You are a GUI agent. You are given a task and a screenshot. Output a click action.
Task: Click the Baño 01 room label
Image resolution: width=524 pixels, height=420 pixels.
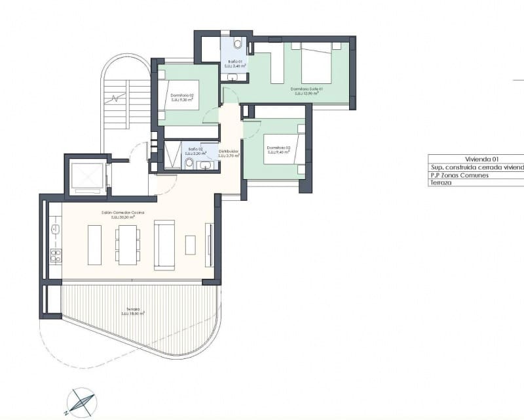pyautogui.click(x=234, y=64)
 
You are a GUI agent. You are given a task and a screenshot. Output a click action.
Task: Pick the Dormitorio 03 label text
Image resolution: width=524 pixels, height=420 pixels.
pyautogui.click(x=278, y=149)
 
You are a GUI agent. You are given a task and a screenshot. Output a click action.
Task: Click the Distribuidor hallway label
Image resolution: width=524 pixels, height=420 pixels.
pyautogui.click(x=229, y=152)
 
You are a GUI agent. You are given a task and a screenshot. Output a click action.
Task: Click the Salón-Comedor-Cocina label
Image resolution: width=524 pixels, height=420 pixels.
pyautogui.click(x=122, y=214)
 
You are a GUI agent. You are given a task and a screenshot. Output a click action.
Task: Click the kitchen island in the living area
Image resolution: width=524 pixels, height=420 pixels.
pyautogui.click(x=94, y=244)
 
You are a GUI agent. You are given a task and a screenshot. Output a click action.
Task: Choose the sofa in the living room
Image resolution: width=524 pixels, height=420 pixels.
pyautogui.click(x=163, y=244)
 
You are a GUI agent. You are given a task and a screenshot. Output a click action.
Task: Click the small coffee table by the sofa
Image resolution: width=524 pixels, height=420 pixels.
pyautogui.click(x=190, y=244)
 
